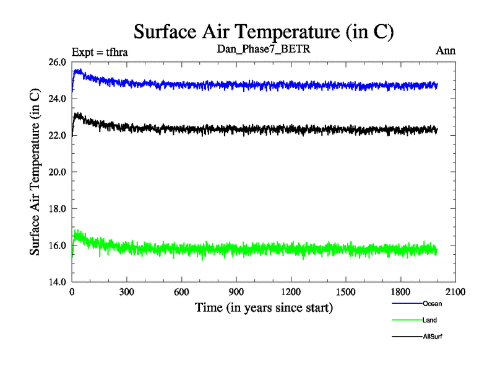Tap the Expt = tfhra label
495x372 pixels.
tap(100, 51)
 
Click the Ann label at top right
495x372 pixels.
tap(445, 51)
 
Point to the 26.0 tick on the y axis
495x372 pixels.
tap(57, 62)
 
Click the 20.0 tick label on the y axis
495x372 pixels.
tap(57, 172)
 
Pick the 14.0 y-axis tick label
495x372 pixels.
tap(57, 282)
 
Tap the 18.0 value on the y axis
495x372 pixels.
tap(57, 209)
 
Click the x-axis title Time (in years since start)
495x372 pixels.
tap(264, 308)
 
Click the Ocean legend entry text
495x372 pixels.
tap(433, 304)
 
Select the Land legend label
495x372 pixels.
tap(430, 320)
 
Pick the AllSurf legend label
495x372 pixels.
tap(433, 337)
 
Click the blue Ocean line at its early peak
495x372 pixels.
tap(79, 71)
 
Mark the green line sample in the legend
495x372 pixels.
tap(407, 320)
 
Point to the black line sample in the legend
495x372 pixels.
tap(407, 337)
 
